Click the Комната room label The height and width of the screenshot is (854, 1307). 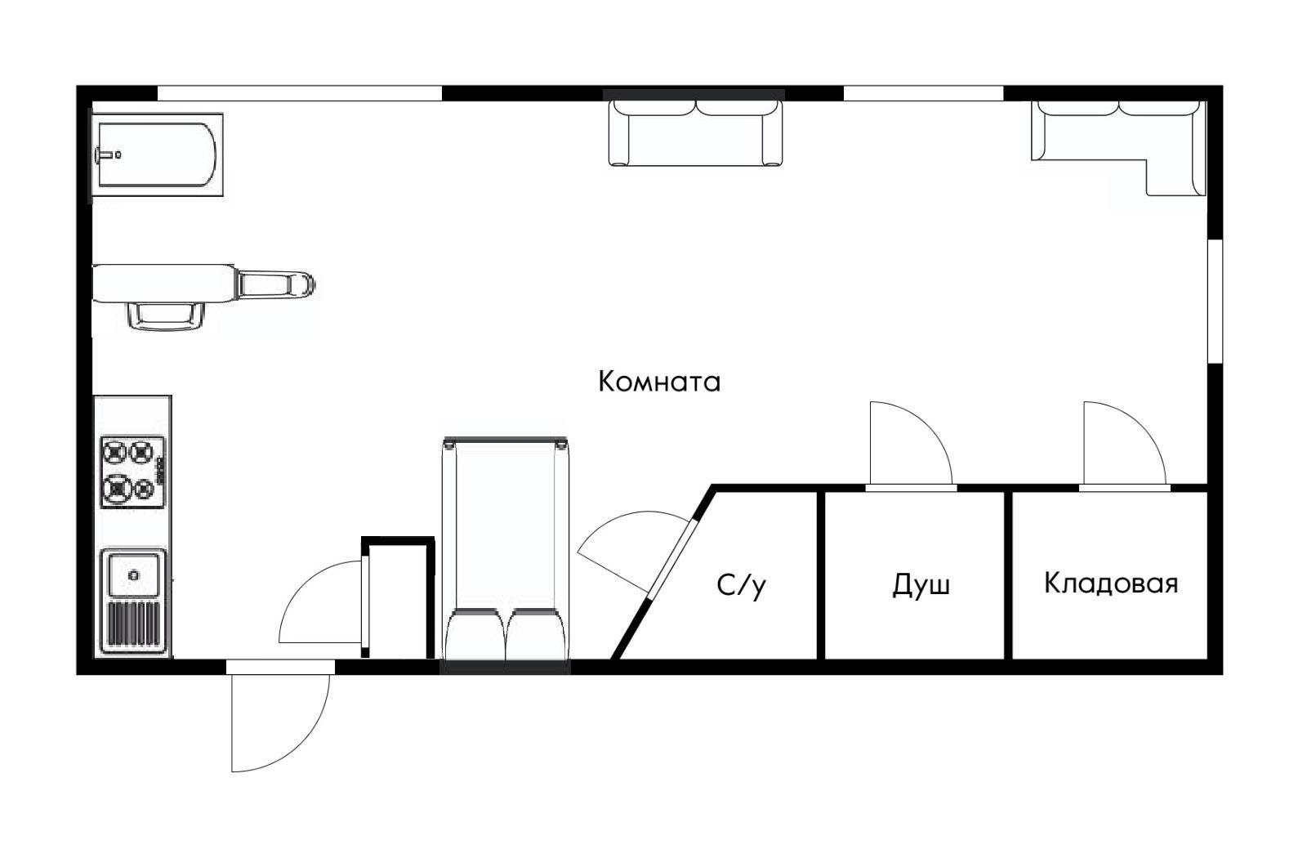(x=659, y=382)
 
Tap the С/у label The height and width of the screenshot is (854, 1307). (x=742, y=585)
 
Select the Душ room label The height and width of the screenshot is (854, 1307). (x=921, y=584)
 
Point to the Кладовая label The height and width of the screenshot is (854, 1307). (x=1111, y=583)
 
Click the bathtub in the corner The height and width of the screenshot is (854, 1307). (x=157, y=154)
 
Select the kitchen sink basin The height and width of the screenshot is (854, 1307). (x=133, y=575)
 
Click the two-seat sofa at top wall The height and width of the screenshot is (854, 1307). (x=695, y=132)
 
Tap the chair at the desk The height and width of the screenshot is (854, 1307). (x=165, y=315)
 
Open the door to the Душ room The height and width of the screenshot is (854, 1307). (x=908, y=445)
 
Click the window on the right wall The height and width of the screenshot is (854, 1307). (x=1215, y=300)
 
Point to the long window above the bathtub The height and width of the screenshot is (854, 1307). (x=299, y=93)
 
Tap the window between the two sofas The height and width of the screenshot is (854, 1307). (x=922, y=93)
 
